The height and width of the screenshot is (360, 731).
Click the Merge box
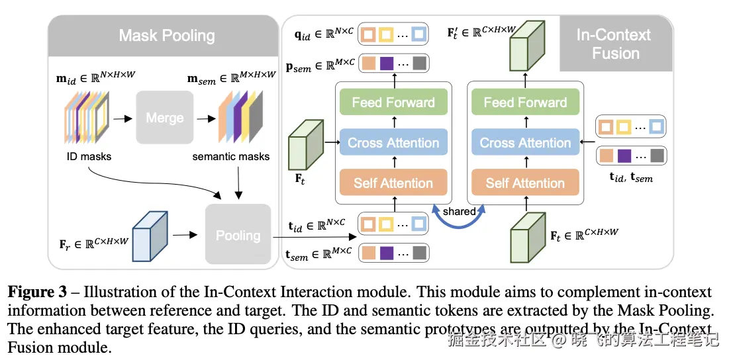coord(164,118)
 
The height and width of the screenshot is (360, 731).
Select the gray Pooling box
coord(238,235)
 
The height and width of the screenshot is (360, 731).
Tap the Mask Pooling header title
coord(166,35)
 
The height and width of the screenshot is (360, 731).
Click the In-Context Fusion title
coord(614,44)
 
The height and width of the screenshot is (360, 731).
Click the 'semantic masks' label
coord(231,156)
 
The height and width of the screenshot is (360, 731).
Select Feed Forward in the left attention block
coord(393,103)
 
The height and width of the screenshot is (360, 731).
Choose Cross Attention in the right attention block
coord(525,143)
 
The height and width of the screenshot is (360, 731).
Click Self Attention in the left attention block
coord(393,183)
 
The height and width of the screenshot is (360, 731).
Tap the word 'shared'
coord(460,211)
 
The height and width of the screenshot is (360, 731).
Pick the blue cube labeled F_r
coord(150,235)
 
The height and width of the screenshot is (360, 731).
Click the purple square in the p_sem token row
coord(387,64)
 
